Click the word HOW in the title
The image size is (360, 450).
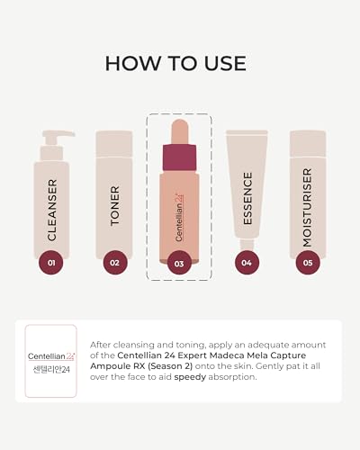132,63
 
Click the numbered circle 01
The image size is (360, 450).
51,263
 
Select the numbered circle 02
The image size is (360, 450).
115,263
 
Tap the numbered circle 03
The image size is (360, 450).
179,264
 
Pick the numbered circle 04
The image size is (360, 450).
247,263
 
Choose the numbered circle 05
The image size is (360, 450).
308,263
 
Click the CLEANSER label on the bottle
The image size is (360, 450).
52,210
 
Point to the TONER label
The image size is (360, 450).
115,206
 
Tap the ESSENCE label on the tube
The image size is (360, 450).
247,199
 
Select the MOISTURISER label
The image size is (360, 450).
307,208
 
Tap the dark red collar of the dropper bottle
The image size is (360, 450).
179,157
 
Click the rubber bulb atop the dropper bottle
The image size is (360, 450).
180,132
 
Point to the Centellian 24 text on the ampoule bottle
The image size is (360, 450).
179,217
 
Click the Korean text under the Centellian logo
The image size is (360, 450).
51,369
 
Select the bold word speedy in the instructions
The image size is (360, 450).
190,377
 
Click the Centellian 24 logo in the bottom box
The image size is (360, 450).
51,356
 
